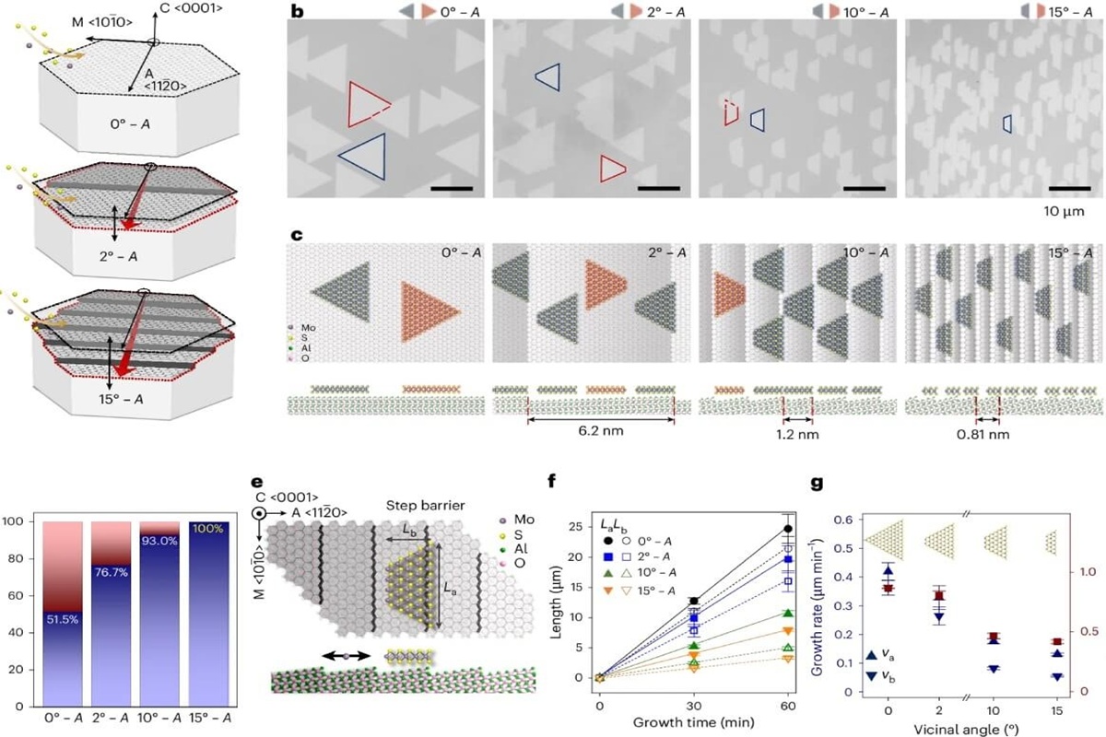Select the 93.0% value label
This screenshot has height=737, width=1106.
click(x=162, y=541)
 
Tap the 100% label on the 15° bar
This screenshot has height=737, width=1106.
click(x=208, y=527)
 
